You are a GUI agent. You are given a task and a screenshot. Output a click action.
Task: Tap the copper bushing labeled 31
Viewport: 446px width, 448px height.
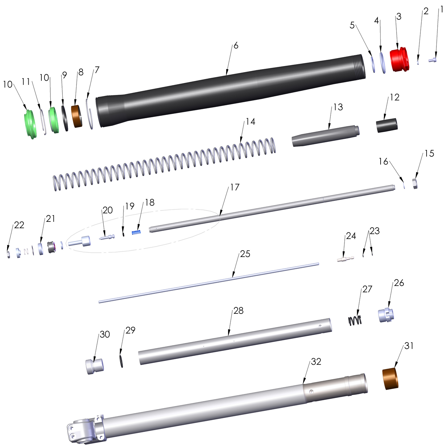point(390,379)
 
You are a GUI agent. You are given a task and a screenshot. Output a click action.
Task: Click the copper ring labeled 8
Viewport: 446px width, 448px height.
point(77,116)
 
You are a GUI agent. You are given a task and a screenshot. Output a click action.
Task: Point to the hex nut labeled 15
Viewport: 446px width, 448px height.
point(415,184)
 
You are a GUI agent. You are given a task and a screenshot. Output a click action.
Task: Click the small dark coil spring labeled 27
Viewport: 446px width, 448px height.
point(355,321)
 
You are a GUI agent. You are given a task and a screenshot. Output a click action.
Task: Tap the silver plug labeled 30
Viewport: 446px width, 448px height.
point(94,367)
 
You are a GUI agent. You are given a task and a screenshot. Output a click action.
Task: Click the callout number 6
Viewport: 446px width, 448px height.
point(236,46)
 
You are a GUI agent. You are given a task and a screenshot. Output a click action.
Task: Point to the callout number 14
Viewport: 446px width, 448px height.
point(250,122)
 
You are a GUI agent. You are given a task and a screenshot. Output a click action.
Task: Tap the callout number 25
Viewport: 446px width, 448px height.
point(245,254)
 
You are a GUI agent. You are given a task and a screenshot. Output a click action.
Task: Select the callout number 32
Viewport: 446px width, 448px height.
point(316,361)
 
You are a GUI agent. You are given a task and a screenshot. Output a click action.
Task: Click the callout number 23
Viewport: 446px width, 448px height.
point(374,231)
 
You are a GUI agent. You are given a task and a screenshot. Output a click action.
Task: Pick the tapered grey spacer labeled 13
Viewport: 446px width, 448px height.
point(324,136)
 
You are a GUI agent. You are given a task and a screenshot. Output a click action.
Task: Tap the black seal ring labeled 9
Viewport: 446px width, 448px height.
point(65,118)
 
